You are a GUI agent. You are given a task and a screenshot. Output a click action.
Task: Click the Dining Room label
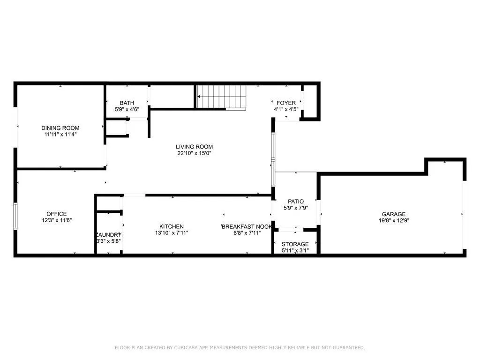[60, 128]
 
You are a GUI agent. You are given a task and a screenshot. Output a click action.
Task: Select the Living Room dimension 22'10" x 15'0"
[194, 153]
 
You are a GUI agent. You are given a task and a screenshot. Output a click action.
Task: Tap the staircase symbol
[221, 97]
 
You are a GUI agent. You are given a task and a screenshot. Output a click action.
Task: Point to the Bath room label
[127, 103]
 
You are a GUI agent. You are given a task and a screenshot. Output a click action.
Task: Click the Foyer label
[286, 103]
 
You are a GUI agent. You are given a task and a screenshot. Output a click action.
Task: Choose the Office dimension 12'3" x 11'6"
[56, 220]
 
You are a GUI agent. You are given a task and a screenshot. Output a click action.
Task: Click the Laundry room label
[109, 235]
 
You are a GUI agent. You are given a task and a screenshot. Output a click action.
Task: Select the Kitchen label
[171, 226]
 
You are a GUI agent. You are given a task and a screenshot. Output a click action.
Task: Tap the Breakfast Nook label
[247, 226]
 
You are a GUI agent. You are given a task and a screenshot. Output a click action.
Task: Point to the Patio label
[296, 202]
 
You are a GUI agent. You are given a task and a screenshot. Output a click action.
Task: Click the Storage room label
[295, 244]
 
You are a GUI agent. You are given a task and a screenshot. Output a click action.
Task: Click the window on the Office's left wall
[15, 217]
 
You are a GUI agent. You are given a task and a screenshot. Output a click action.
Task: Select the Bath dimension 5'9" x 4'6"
[127, 110]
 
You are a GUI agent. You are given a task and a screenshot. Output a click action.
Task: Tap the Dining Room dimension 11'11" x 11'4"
[60, 134]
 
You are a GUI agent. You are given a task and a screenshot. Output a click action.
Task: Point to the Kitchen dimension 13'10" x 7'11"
[171, 232]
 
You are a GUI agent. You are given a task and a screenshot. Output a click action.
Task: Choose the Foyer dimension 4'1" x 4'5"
[286, 110]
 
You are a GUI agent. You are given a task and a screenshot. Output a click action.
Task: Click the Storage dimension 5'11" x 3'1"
[295, 251]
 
